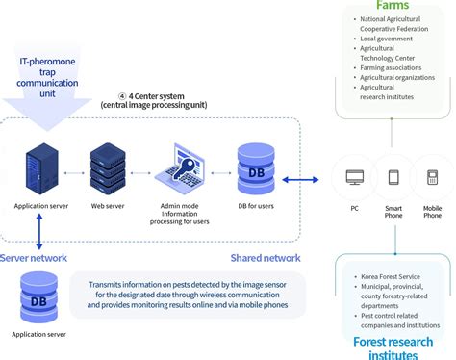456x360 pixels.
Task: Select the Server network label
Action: [33, 258]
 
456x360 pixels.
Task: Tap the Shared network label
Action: [265, 258]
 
